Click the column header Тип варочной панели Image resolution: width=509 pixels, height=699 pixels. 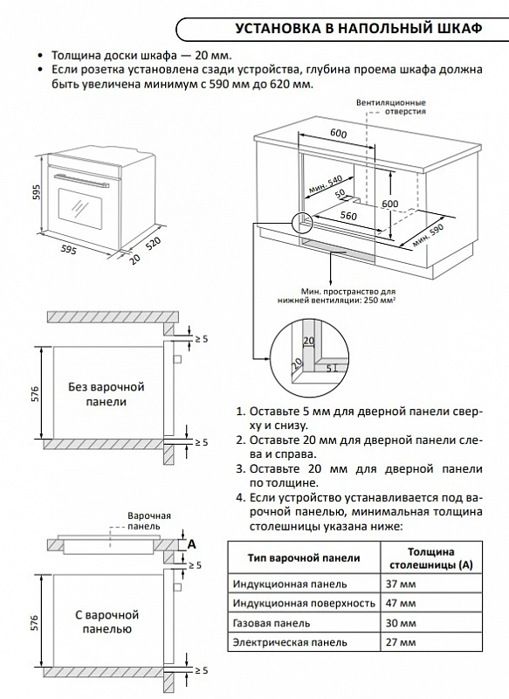point(303,557)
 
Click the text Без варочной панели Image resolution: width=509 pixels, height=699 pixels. point(107,393)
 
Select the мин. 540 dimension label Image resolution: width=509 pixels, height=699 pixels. point(324,185)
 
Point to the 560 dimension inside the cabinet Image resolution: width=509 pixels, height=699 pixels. point(350,215)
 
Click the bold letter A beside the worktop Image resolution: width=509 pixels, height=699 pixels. point(191,543)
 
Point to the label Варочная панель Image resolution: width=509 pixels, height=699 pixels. point(144,522)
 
